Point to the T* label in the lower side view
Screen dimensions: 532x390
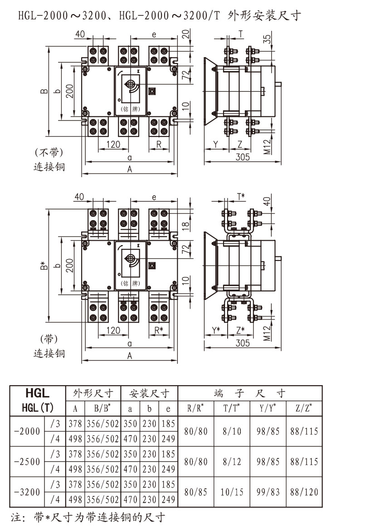(x=241, y=196)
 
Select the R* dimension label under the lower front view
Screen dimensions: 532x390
(x=158, y=330)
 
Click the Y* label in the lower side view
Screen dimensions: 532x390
(x=215, y=330)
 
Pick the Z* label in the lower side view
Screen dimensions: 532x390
(x=240, y=330)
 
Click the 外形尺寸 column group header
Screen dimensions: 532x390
(x=93, y=393)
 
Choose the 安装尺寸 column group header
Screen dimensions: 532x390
(x=150, y=393)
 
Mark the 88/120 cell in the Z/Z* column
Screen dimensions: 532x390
(x=304, y=492)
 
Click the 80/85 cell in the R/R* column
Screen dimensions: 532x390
(x=196, y=492)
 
